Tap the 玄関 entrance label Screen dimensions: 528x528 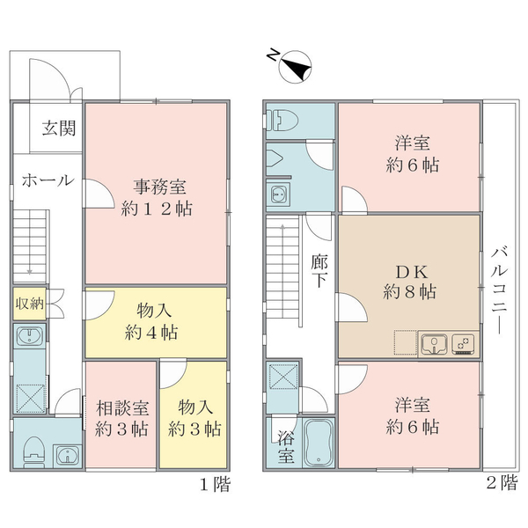(x=59, y=128)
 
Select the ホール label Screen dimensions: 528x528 (x=48, y=180)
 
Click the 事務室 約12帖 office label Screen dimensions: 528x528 (x=157, y=198)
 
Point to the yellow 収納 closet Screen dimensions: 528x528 (x=29, y=304)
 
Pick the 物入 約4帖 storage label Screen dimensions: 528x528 (x=152, y=321)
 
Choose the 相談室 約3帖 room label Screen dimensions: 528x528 (x=121, y=418)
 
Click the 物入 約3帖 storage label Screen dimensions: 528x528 (x=194, y=418)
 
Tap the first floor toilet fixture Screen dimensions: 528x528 (x=34, y=452)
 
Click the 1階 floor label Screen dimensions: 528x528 (x=216, y=485)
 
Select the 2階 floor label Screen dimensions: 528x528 (x=502, y=483)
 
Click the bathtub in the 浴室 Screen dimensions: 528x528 (x=319, y=443)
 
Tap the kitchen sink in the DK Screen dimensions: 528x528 (x=434, y=344)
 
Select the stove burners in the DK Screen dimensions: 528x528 (x=463, y=344)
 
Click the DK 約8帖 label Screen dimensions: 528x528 (x=410, y=282)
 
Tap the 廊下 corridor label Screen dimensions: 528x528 (x=319, y=271)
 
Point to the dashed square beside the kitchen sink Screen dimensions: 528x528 (x=406, y=342)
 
